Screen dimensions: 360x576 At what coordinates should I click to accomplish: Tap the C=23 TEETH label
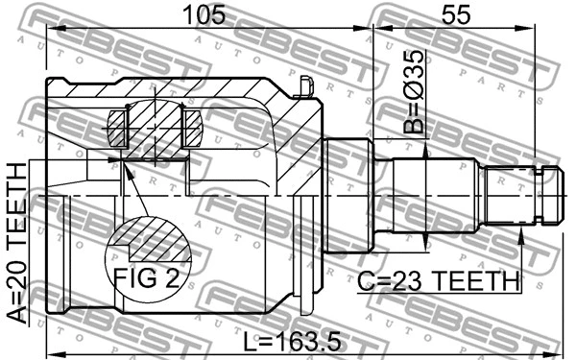click(439, 281)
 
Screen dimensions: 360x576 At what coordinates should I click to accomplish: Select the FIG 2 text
click(147, 279)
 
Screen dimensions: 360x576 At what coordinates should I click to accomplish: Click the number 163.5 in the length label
click(310, 340)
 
